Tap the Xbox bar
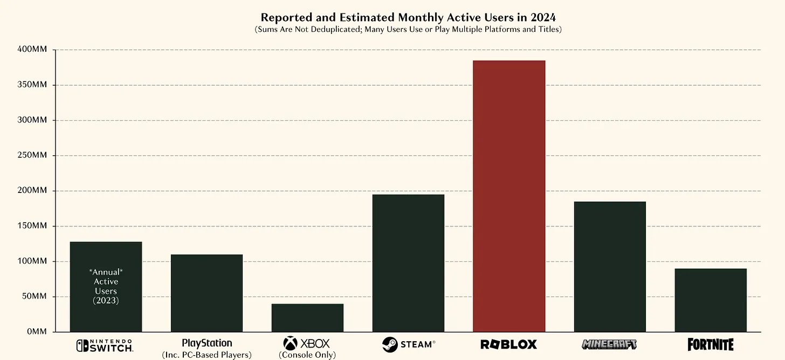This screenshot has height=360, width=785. pos(307,318)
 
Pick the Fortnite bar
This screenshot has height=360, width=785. pos(711,300)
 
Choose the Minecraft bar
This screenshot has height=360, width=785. pos(610,267)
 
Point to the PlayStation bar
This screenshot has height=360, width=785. pos(206,293)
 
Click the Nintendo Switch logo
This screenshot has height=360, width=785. pos(105,345)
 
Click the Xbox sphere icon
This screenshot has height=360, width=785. pos(290,343)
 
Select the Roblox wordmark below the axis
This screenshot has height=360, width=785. pos(508,344)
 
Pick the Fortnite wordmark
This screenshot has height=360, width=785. pos(711,344)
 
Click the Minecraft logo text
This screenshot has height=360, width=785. pos(609,344)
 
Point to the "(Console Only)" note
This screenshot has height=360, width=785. pos(307,355)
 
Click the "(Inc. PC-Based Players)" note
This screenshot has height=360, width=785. pos(206,355)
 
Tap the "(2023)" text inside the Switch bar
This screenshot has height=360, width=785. pos(106,301)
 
